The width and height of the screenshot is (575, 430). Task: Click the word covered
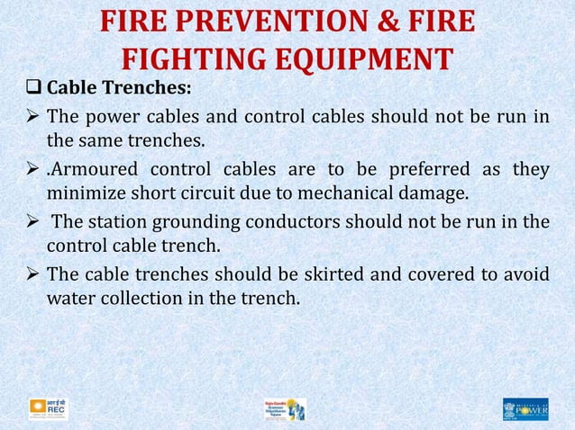pos(417,273)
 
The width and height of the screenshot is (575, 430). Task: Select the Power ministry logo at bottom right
pos(525,409)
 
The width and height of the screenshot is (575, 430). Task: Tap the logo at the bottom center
pos(286,409)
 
